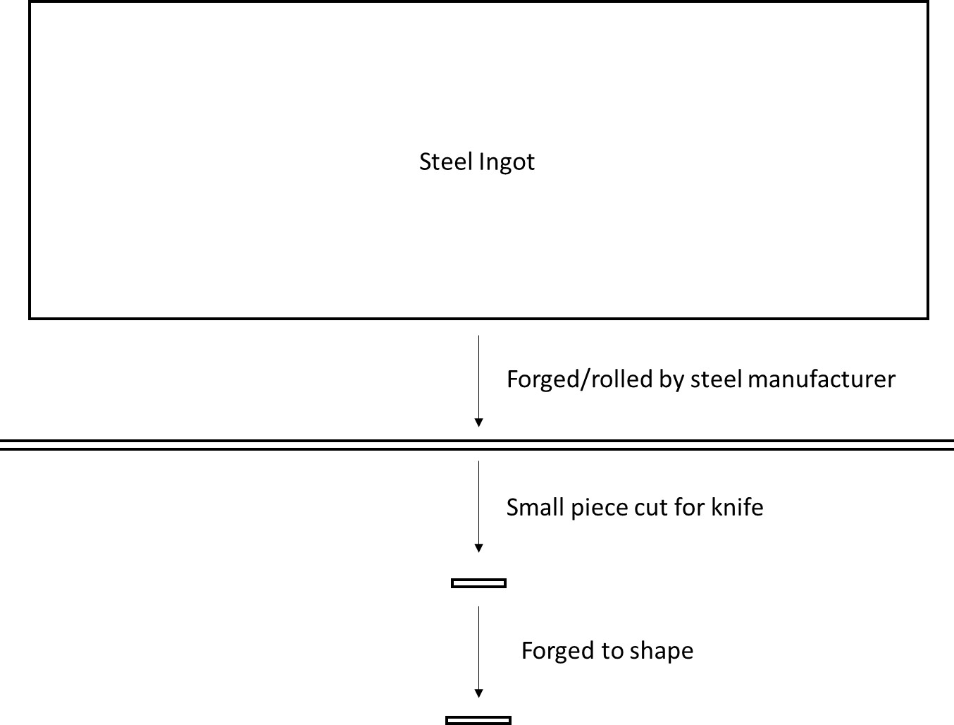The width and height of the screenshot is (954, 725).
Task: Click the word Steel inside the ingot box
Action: click(446, 162)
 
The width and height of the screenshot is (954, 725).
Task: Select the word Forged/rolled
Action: click(579, 379)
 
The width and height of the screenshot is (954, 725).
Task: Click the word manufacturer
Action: click(822, 379)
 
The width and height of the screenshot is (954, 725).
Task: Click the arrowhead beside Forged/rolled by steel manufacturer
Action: click(479, 422)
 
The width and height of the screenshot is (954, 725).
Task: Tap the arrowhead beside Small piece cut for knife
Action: click(479, 547)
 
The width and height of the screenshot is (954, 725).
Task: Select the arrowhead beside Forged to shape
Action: click(479, 693)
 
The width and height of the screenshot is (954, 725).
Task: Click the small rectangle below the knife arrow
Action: click(478, 583)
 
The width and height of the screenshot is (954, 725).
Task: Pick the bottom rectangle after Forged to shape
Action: click(478, 720)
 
